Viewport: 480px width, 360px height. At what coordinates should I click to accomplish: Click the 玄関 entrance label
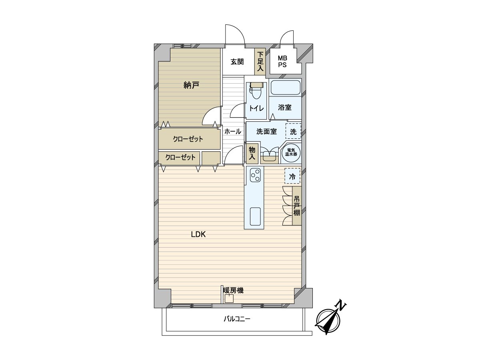point(237,62)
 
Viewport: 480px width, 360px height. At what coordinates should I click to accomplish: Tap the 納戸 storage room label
point(191,85)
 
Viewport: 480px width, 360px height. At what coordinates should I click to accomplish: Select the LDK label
point(198,235)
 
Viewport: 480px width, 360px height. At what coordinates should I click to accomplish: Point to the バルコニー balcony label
point(236,319)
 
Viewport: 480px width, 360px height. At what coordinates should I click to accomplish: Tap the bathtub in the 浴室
point(285,88)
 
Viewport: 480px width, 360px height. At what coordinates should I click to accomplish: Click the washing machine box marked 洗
point(293,131)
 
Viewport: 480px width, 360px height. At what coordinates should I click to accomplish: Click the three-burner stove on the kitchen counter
point(255,174)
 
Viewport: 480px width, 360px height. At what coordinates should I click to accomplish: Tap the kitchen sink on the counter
point(255,217)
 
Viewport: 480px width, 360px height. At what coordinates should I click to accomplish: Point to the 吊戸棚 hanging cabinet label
point(297,206)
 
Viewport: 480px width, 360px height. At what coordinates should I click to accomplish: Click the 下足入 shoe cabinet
point(260,62)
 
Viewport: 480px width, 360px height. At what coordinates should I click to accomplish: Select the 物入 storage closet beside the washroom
point(252,154)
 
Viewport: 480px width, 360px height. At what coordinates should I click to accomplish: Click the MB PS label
point(282,62)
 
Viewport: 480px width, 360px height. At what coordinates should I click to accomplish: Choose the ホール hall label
point(232,131)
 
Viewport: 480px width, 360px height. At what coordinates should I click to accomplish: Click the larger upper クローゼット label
point(188,139)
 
